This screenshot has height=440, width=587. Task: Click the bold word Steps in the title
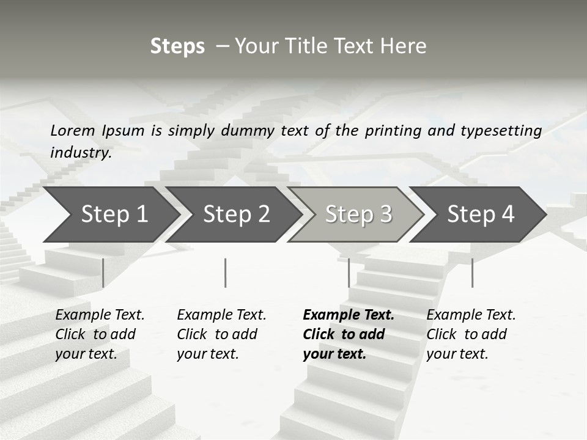tap(177, 46)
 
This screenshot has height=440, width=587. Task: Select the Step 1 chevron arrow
tap(110, 215)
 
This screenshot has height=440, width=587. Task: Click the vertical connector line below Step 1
tap(103, 273)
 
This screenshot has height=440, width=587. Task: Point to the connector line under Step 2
tap(225, 273)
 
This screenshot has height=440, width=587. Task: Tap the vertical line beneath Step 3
tap(349, 273)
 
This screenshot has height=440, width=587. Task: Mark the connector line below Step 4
tap(472, 273)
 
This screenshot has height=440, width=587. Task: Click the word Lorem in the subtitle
tap(73, 131)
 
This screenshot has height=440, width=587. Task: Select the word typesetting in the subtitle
tap(501, 131)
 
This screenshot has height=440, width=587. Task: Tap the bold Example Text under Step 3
tap(349, 315)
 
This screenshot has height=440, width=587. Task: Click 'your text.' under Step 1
tap(86, 354)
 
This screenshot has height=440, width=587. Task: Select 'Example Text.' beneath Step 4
tap(471, 315)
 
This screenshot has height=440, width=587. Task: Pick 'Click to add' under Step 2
tap(217, 335)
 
